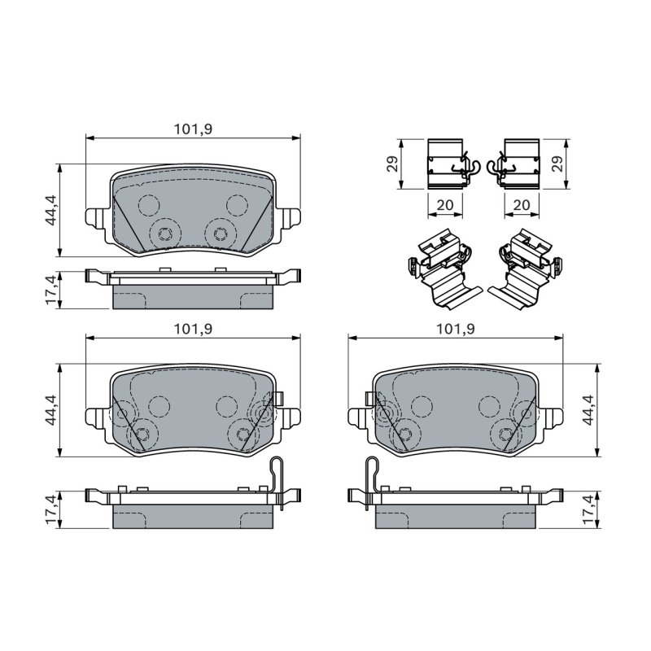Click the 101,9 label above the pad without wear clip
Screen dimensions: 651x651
193,129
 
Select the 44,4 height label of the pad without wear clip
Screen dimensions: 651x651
51,210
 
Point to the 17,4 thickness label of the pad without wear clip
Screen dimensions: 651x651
51,290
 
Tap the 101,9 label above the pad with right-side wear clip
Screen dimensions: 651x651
193,329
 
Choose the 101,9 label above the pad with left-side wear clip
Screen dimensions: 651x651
456,329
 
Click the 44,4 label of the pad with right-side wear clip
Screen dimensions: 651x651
51,410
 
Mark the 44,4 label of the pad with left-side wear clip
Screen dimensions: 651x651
588,410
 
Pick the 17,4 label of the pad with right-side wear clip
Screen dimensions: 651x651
51,509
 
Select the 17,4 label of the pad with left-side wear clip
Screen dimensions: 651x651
588,509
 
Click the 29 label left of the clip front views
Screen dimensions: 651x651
393,164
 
